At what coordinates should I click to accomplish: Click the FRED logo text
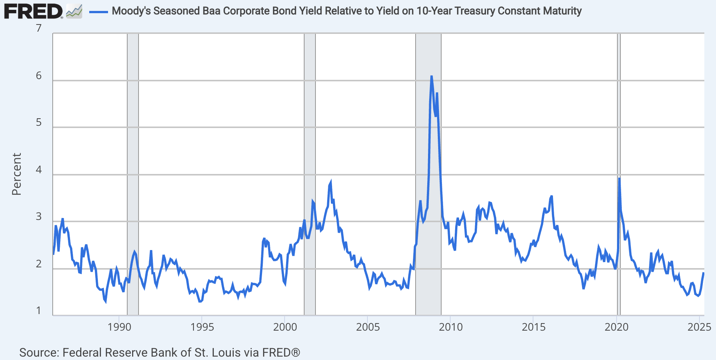(x=33, y=11)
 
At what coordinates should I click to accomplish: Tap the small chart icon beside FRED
(x=74, y=12)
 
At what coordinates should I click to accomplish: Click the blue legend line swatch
(x=99, y=12)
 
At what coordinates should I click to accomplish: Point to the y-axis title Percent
(x=17, y=174)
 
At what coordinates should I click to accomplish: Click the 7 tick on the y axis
(x=39, y=28)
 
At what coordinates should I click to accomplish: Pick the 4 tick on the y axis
(x=39, y=170)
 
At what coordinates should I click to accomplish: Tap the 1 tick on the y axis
(x=39, y=311)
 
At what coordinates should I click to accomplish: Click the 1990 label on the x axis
(x=119, y=327)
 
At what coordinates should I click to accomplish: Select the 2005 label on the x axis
(x=368, y=327)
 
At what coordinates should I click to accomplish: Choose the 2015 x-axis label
(x=533, y=327)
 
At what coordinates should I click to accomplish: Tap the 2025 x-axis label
(x=699, y=327)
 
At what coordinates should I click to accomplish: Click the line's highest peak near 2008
(x=431, y=76)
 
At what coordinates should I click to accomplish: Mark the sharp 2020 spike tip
(x=619, y=178)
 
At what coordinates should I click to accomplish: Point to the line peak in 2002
(x=331, y=182)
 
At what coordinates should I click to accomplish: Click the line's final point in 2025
(x=703, y=273)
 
